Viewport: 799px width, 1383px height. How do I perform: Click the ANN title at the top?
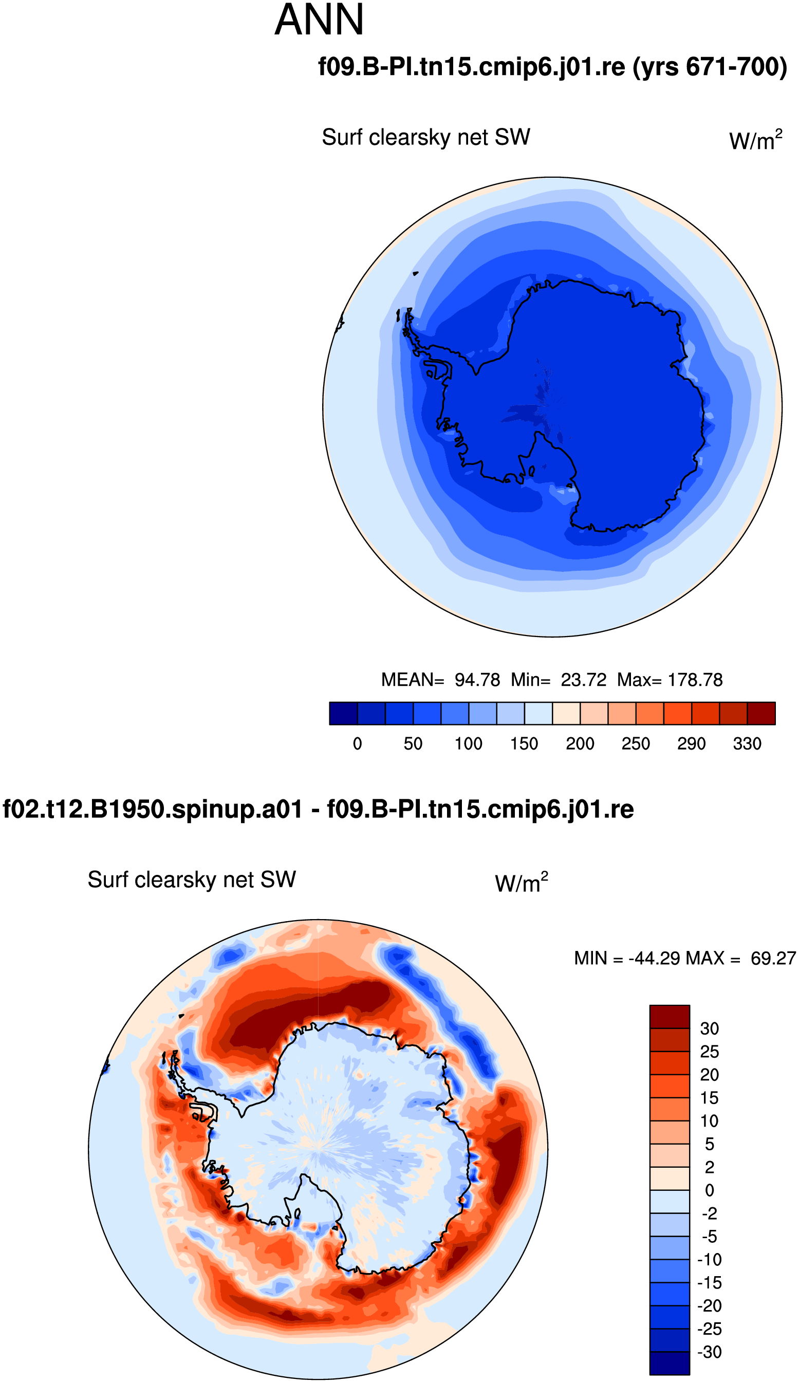point(319,20)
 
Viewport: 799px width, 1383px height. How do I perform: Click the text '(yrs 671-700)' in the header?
point(710,67)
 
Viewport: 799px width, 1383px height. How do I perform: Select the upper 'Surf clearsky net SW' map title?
point(426,137)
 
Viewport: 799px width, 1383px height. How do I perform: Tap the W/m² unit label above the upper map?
point(756,140)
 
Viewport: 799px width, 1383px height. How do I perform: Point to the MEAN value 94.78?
point(477,680)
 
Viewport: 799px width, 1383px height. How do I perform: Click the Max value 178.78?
point(695,680)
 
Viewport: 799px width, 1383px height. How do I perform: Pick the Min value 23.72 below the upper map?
point(583,680)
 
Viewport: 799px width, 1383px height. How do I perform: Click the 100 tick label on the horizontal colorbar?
point(469,743)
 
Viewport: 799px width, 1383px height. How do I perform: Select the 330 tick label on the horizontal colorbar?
point(747,743)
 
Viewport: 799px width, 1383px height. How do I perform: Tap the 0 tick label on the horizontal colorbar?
point(357,743)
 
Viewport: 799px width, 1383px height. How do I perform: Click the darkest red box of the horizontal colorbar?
point(761,713)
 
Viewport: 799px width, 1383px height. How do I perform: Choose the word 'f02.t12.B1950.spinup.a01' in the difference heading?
point(153,809)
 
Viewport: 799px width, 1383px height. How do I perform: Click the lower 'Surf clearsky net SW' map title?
point(192,880)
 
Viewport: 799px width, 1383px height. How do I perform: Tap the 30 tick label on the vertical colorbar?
point(709,1029)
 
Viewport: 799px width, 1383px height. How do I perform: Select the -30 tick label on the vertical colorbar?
point(709,1352)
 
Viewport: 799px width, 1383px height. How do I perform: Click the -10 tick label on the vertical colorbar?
point(709,1260)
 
